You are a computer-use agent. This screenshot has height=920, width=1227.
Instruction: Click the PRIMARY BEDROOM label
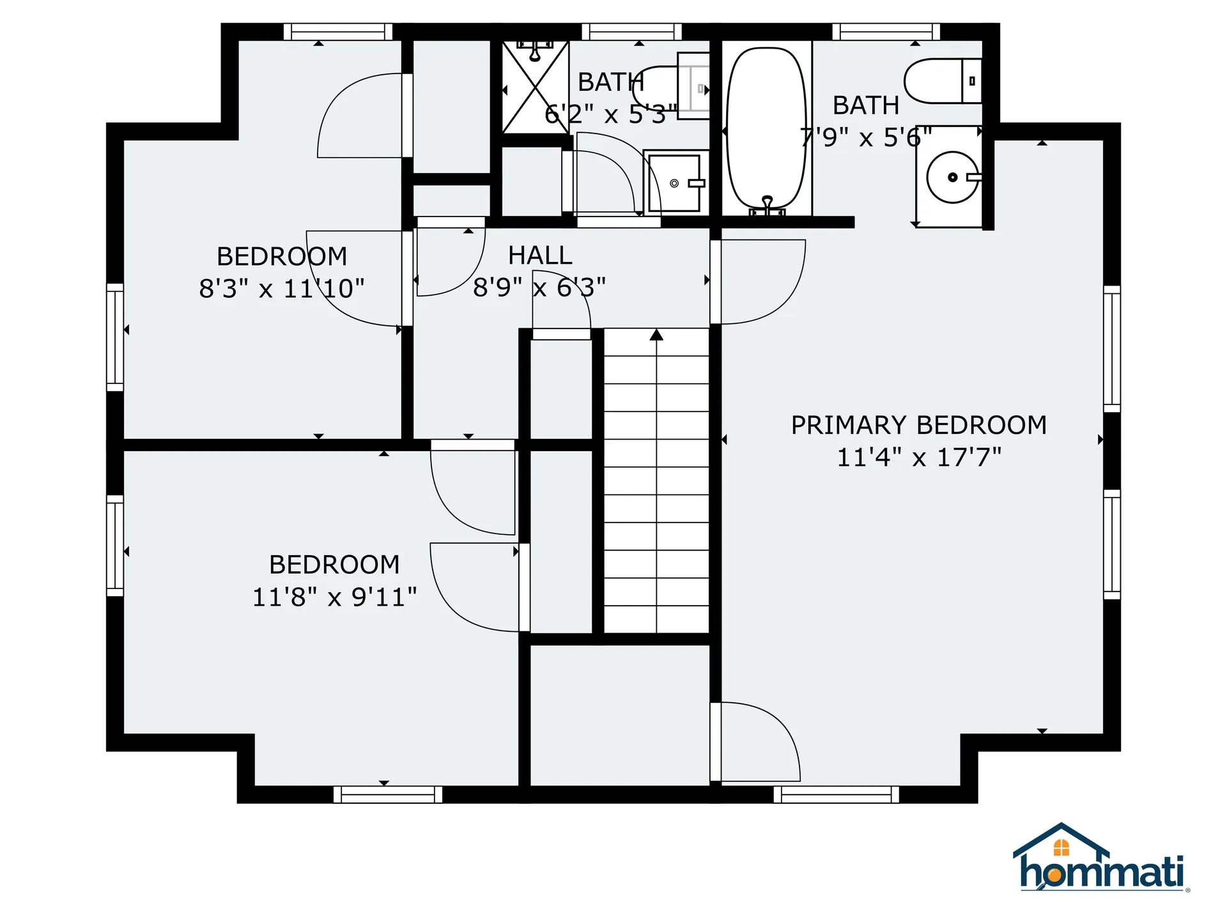pos(918,425)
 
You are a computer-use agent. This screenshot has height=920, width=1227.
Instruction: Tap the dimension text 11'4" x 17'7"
pos(918,457)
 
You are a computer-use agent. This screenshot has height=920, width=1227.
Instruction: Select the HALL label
pos(540,256)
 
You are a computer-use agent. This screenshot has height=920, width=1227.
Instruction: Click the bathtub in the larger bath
pos(766,128)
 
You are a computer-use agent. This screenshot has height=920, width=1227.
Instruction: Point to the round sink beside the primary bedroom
pos(952,177)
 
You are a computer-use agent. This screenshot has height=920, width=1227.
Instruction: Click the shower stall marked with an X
pos(535,88)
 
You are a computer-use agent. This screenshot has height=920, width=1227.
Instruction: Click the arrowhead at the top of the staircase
pos(656,335)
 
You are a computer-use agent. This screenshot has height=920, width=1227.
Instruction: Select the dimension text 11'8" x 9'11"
pos(334,597)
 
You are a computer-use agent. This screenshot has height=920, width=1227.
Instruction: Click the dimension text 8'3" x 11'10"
pos(281,289)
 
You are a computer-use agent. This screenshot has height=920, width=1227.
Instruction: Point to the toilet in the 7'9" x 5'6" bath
pos(943,81)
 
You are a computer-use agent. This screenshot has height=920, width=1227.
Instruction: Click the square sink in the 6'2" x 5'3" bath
pos(675,183)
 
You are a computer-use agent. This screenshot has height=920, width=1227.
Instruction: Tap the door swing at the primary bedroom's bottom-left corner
pos(757,741)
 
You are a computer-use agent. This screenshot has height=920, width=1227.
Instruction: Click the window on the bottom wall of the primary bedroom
pos(836,794)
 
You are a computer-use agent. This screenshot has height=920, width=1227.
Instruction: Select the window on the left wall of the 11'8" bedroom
pos(115,546)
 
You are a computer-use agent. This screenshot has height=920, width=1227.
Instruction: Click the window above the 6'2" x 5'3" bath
pos(631,31)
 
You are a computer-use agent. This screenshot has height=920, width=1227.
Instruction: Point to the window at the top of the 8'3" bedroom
pos(337,31)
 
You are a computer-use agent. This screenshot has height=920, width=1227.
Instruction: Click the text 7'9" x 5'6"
pos(866,137)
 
